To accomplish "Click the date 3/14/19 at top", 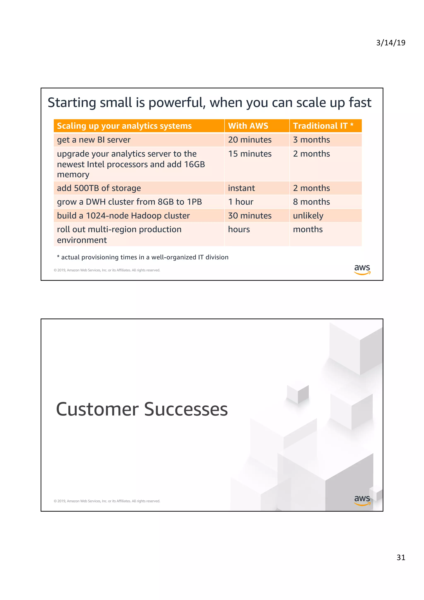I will click(390, 43).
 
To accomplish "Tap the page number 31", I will click(401, 557).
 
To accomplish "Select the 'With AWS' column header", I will click(248, 126).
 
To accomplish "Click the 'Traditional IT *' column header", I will click(323, 126).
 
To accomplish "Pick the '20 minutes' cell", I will click(249, 140).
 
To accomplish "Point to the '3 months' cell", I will click(311, 140).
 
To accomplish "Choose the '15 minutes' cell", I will click(249, 154).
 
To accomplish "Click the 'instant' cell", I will click(241, 188).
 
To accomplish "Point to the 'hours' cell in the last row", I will click(239, 229).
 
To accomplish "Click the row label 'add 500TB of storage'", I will click(99, 188).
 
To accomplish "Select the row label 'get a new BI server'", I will click(94, 140).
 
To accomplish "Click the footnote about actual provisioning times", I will click(143, 257).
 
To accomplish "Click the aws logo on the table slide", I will click(362, 269).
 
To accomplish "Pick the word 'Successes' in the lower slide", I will click(186, 409).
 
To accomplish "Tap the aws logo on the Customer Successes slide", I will click(362, 500).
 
